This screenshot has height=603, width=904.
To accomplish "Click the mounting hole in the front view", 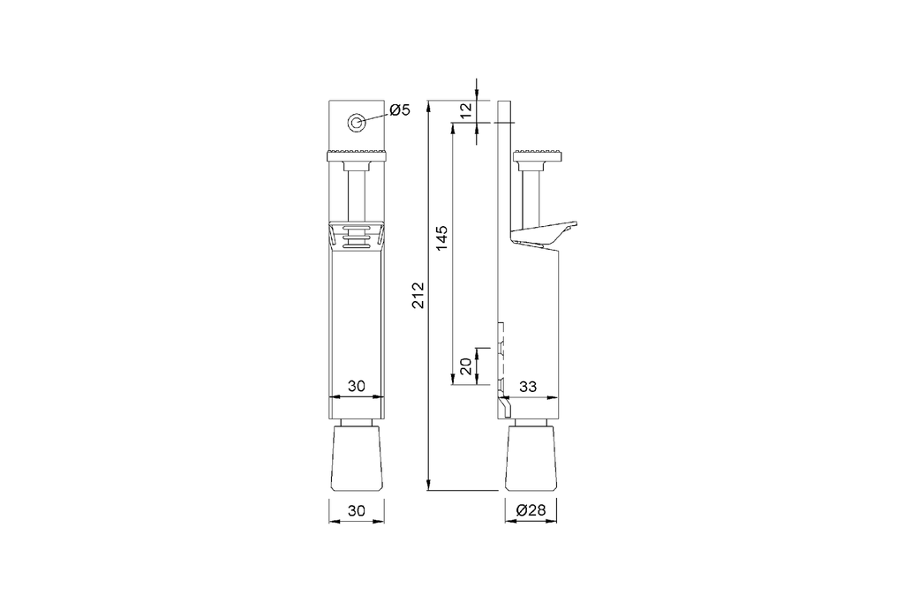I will tap(357, 124).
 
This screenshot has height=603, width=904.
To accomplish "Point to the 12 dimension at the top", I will tap(467, 110).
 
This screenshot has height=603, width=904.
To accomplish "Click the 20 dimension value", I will tap(465, 366).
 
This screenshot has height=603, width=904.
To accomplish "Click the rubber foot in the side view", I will tap(532, 459).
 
